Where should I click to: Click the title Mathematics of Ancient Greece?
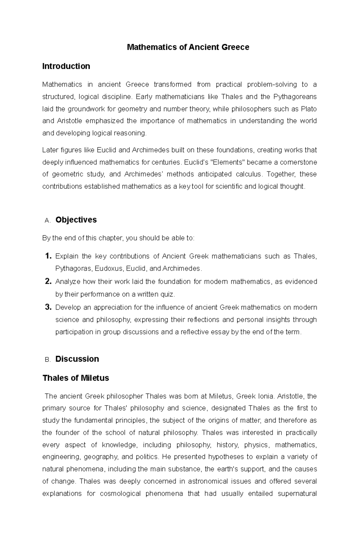[x=188, y=47]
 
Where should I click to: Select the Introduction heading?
[x=66, y=66]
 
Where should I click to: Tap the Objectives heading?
[x=76, y=220]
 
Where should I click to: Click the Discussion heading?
[x=77, y=359]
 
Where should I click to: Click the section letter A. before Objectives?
[x=47, y=221]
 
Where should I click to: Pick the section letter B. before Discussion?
[x=47, y=360]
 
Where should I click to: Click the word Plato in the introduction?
[x=309, y=109]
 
